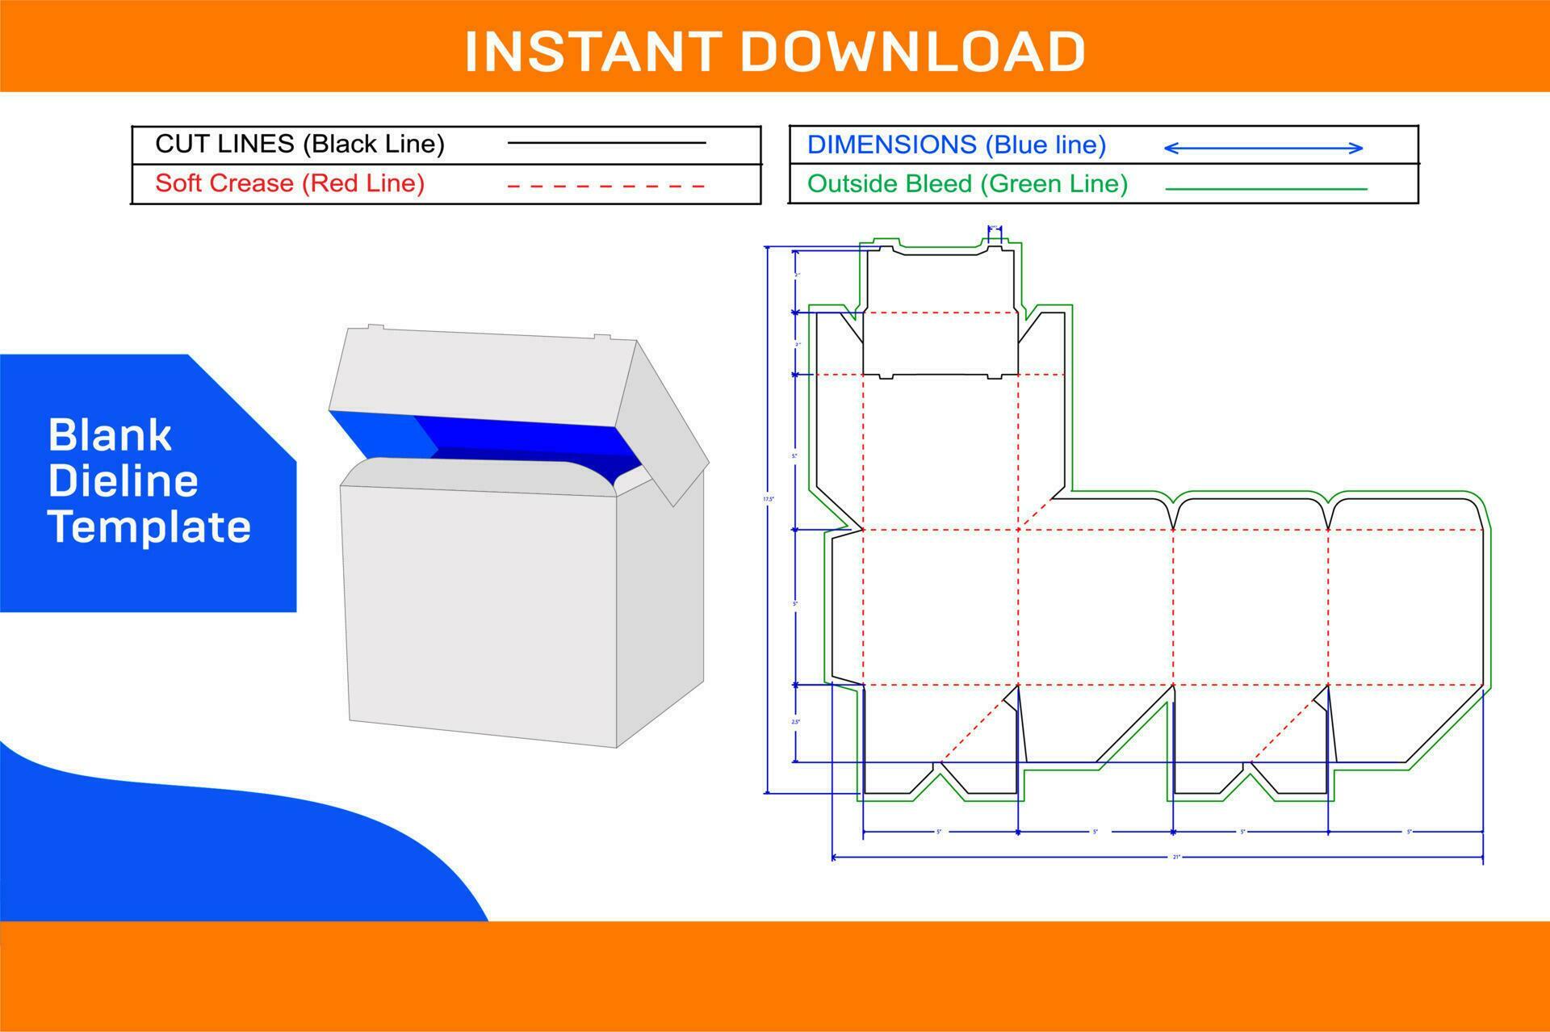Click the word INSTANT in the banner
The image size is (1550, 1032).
coord(593,52)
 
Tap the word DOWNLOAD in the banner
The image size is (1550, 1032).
coord(912,52)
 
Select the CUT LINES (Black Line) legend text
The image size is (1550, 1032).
coord(300,144)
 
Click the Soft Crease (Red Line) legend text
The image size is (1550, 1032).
coord(290,183)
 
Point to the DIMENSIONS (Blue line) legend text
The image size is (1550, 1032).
coord(957,145)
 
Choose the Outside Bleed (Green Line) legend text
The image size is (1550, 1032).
coord(967,184)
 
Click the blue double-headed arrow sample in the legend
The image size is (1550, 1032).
coord(1263,148)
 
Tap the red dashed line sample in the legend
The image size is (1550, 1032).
coord(605,187)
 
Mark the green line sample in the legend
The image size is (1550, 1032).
coord(1266,189)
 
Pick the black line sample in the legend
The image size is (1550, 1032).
coord(606,144)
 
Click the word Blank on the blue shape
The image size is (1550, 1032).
coord(110,435)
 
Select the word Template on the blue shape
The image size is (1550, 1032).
coord(149,526)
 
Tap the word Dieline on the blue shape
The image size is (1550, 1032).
coord(123,481)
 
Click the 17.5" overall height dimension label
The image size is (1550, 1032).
coord(769,499)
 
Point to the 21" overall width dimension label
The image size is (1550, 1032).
coord(1176,857)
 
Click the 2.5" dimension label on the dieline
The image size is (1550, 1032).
coord(795,722)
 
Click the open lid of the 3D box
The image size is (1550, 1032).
coord(476,371)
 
